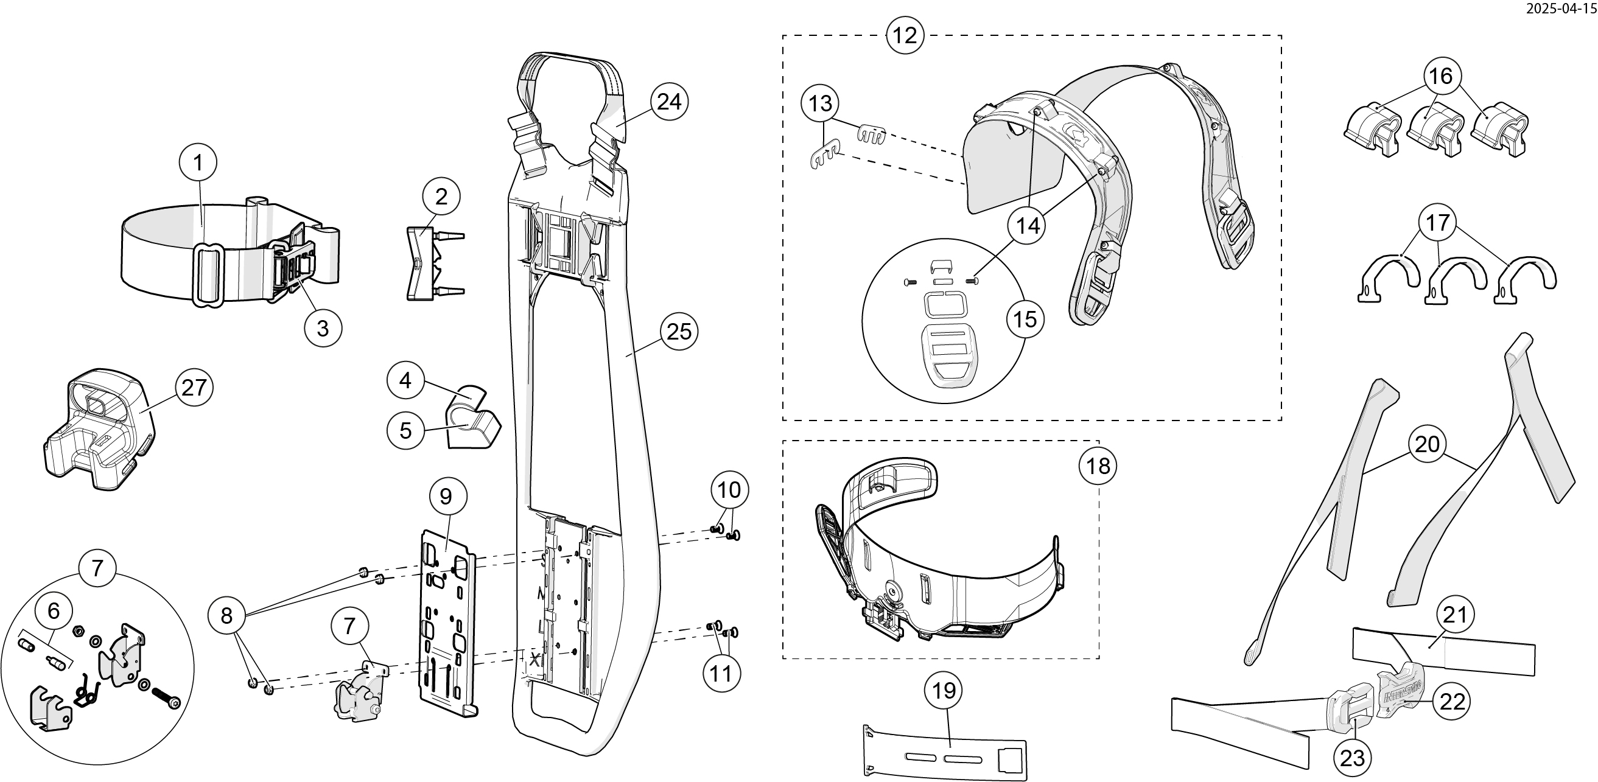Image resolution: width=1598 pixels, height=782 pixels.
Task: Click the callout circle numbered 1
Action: pyautogui.click(x=198, y=163)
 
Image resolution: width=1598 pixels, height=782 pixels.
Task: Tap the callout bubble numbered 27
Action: pyautogui.click(x=194, y=388)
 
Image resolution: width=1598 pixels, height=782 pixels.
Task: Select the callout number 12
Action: pyautogui.click(x=905, y=35)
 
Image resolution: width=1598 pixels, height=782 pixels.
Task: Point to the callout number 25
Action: pyautogui.click(x=679, y=332)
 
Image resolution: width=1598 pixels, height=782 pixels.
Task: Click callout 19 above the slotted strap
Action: pyautogui.click(x=944, y=690)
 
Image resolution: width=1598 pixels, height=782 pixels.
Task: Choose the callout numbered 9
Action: pyautogui.click(x=446, y=496)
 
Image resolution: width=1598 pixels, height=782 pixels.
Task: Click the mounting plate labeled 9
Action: pyautogui.click(x=448, y=626)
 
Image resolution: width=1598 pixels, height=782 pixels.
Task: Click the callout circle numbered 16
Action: pyautogui.click(x=1440, y=76)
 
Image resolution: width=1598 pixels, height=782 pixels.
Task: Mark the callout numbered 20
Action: pyautogui.click(x=1428, y=444)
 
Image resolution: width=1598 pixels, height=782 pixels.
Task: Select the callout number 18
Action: pyautogui.click(x=1098, y=466)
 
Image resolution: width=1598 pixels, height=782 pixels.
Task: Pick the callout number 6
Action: pyautogui.click(x=54, y=611)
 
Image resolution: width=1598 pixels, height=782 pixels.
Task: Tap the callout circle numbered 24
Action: pyautogui.click(x=670, y=102)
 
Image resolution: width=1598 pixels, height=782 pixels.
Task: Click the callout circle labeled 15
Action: pyautogui.click(x=1025, y=319)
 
